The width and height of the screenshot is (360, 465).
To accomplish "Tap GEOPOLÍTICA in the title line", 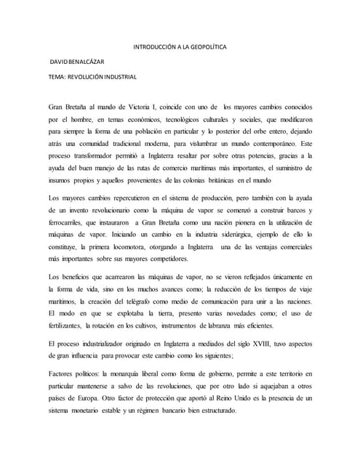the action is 207,47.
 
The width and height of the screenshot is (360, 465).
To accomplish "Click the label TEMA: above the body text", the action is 57,76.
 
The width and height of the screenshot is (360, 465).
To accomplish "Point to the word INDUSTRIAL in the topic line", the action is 119,76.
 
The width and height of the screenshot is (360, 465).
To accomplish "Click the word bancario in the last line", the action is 185,411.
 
